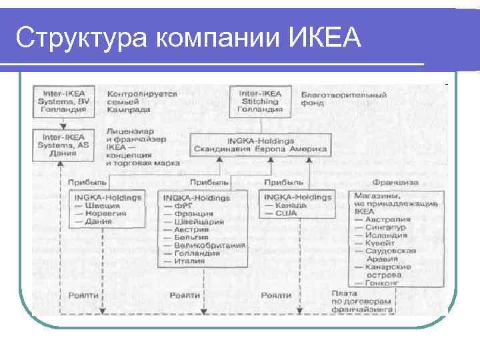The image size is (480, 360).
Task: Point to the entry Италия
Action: (189, 261)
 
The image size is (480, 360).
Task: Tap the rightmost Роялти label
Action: (276, 295)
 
